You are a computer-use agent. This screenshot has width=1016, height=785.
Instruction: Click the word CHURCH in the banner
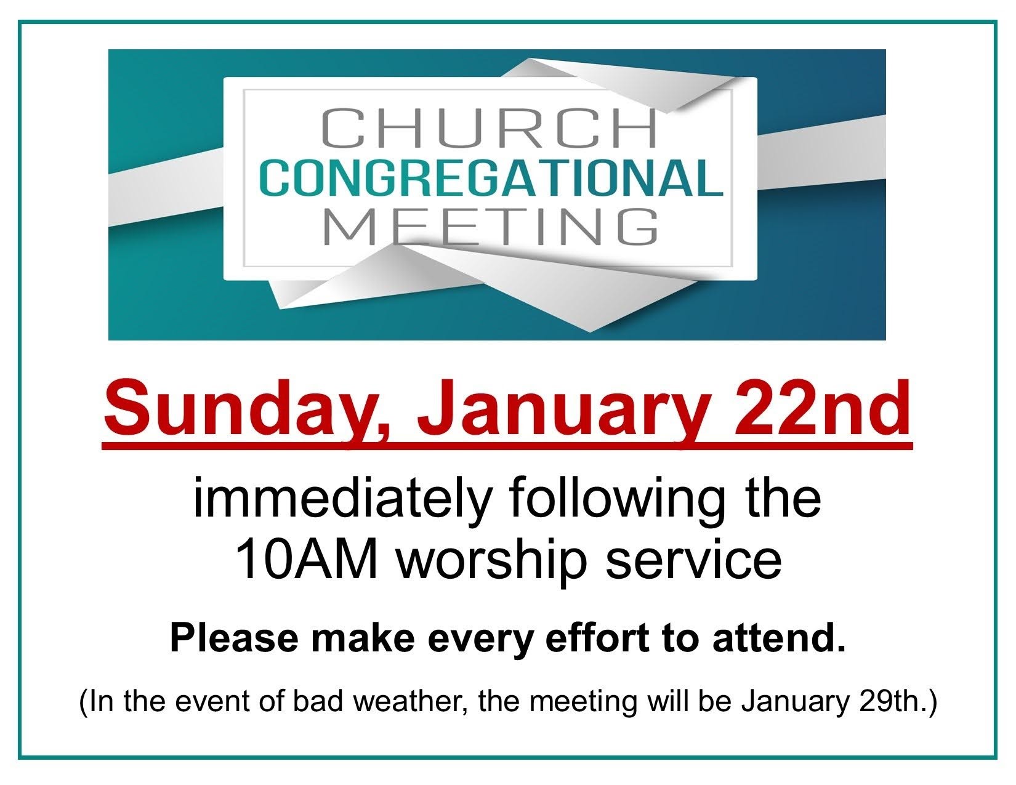coord(490,127)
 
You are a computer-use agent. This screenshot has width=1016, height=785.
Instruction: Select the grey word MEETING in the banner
coord(491,227)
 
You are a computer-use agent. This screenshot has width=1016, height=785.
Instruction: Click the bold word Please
coord(234,638)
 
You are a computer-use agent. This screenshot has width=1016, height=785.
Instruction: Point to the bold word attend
coord(779,638)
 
